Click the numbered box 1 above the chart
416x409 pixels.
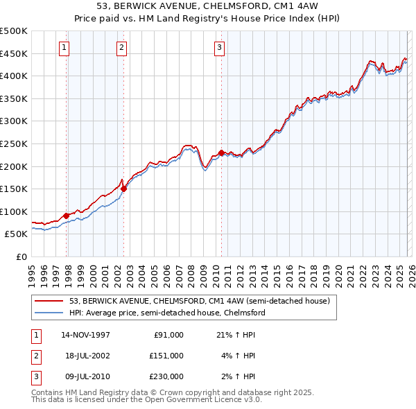[x=64, y=48]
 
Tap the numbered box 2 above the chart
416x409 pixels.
[x=121, y=48]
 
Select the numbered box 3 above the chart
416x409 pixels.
[x=219, y=48]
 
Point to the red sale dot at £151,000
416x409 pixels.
[x=124, y=188]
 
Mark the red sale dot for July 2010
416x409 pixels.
[x=221, y=153]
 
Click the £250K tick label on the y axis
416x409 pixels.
[x=14, y=143]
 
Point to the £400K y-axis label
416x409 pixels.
[x=14, y=76]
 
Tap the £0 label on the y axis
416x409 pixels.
[x=21, y=256]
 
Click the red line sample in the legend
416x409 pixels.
[x=49, y=301]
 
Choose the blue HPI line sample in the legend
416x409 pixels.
[x=49, y=313]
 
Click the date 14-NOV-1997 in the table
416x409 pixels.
[x=85, y=335]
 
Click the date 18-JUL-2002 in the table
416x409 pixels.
[x=85, y=356]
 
